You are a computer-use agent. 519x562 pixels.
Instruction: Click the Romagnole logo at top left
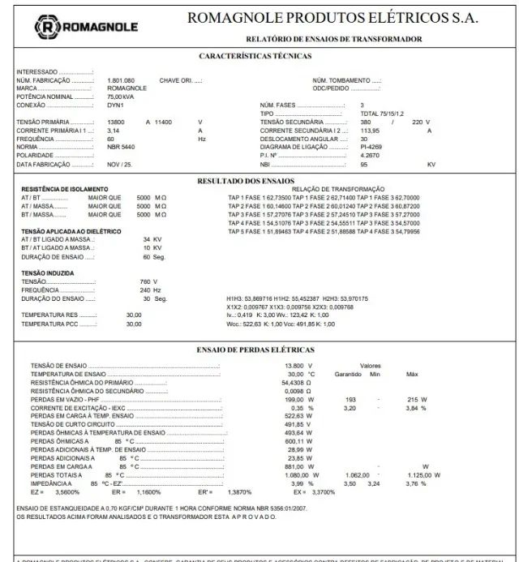(85, 28)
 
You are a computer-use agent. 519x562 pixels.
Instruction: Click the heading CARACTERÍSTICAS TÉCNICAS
(255, 56)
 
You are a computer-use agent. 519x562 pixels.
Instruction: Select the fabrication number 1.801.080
(121, 81)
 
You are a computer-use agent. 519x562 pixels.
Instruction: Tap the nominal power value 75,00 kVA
(121, 96)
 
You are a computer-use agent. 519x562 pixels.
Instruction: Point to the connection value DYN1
(115, 105)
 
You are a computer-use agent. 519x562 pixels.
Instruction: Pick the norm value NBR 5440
(122, 147)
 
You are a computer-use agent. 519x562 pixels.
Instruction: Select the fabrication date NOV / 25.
(120, 164)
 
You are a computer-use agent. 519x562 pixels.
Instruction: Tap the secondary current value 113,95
(370, 130)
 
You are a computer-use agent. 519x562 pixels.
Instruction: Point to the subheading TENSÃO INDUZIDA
(47, 272)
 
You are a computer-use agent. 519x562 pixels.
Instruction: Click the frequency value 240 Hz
(145, 290)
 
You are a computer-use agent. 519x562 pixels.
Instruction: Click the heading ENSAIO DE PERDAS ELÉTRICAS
(255, 350)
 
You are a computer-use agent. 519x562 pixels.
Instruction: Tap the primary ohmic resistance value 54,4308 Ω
(297, 383)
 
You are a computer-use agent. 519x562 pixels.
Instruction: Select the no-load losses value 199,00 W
(299, 399)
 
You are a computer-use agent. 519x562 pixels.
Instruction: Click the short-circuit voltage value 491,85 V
(298, 424)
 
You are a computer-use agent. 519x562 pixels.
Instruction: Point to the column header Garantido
(348, 374)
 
